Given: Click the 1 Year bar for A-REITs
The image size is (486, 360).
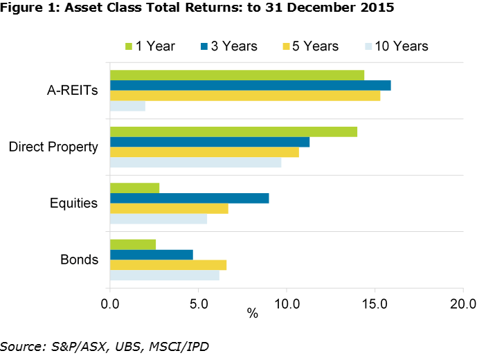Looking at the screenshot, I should click(237, 75).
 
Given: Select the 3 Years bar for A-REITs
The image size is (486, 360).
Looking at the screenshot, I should click(250, 85).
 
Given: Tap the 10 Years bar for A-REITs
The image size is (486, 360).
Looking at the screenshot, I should click(127, 106).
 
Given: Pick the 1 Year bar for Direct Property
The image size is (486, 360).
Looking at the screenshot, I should click(233, 132).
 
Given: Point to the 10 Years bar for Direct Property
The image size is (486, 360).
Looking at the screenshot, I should click(195, 163).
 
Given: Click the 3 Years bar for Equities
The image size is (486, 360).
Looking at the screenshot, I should click(189, 198).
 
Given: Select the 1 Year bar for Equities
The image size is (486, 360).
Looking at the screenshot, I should click(134, 188).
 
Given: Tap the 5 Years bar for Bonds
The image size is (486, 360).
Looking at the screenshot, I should click(168, 264).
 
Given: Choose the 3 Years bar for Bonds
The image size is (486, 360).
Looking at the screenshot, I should click(151, 254).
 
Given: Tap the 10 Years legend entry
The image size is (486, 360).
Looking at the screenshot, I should click(394, 46).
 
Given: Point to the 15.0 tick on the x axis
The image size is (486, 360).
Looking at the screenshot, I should click(375, 303).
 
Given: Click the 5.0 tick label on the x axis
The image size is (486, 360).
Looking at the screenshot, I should click(198, 303).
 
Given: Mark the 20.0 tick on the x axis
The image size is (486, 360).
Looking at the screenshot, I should click(462, 303).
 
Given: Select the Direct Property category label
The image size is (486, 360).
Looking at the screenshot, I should click(53, 147).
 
